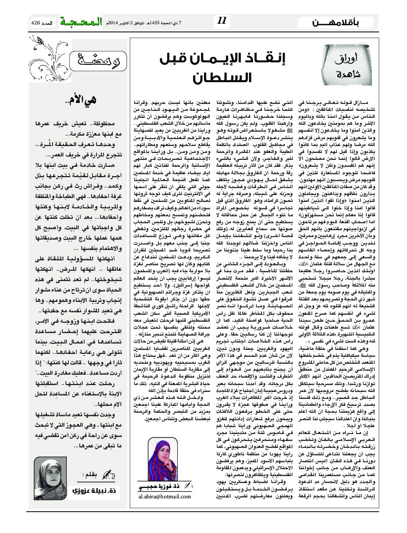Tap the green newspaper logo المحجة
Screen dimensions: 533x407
(x=80, y=21)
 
